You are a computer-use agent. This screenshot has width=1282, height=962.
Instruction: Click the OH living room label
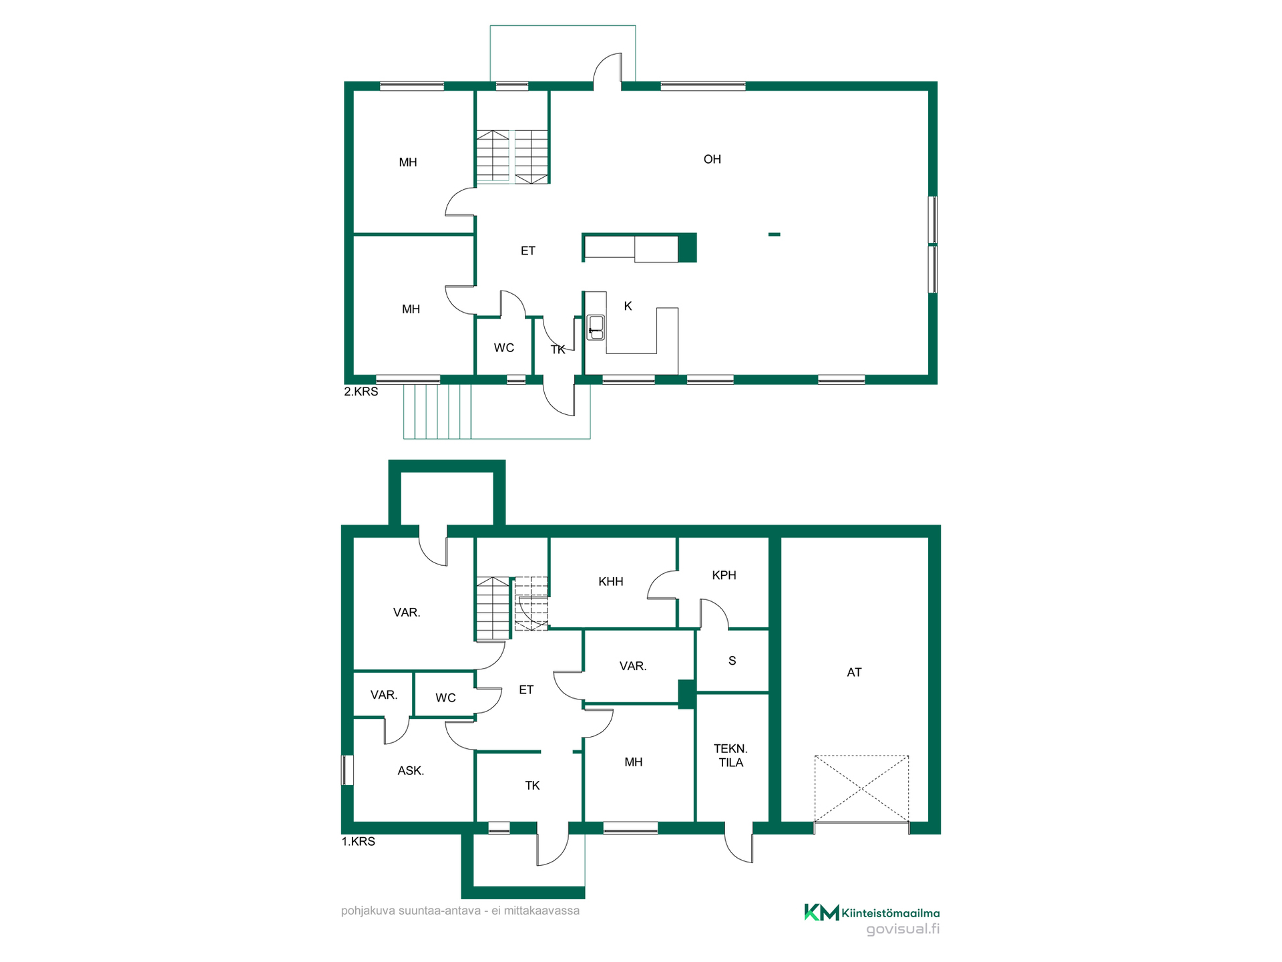(712, 159)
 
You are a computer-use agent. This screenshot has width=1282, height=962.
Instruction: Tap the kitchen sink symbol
(596, 327)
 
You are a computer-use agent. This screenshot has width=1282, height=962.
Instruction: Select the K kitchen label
(628, 306)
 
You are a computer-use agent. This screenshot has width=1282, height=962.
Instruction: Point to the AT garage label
(854, 672)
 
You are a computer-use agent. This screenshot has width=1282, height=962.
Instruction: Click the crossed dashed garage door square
(861, 788)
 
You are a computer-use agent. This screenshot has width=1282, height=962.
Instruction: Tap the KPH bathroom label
(724, 575)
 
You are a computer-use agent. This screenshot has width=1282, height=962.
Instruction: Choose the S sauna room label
(732, 661)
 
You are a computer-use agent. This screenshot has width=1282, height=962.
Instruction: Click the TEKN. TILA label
(730, 756)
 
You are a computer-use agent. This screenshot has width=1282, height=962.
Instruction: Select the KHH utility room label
(610, 582)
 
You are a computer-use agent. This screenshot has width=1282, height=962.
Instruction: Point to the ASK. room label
(411, 770)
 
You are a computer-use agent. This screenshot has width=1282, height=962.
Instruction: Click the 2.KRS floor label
(361, 391)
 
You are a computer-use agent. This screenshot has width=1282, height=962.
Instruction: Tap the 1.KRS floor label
(359, 842)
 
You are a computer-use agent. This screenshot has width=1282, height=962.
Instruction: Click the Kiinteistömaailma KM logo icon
(821, 912)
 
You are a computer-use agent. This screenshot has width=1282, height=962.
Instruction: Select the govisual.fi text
(903, 929)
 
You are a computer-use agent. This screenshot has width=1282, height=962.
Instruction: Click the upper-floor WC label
(504, 347)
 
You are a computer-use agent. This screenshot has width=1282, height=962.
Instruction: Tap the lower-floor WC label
(445, 698)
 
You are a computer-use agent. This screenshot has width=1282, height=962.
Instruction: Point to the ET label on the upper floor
(527, 251)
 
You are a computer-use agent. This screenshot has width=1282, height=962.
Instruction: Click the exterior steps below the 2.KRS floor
(437, 412)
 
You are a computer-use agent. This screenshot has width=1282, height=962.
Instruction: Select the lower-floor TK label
(532, 786)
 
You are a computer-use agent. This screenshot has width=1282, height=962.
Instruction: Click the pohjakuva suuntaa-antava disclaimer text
(460, 911)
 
